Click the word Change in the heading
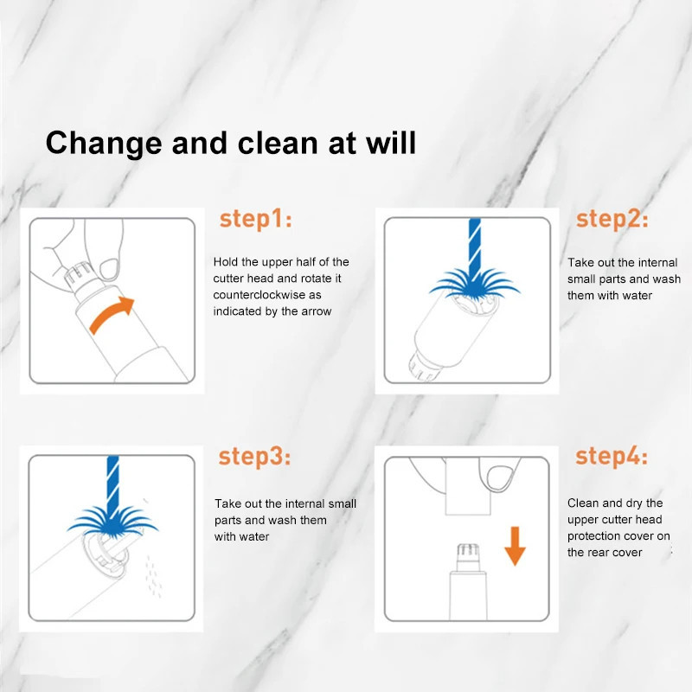(104, 144)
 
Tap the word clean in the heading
(278, 143)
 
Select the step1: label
(255, 220)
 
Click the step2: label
(612, 220)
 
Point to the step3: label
(254, 457)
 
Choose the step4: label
(612, 456)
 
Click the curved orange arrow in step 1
(111, 314)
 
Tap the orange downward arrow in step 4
(515, 546)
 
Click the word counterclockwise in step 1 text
(261, 295)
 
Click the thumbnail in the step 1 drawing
(110, 269)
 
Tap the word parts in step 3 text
(227, 521)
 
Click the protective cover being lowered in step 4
(468, 486)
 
